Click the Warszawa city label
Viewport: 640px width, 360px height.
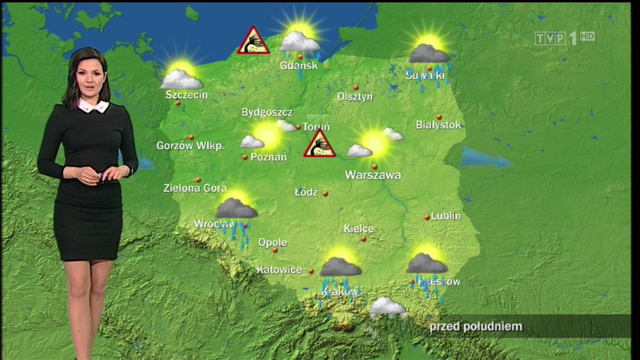tap(373, 175)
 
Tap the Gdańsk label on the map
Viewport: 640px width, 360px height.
tap(298, 65)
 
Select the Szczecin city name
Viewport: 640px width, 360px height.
tap(186, 94)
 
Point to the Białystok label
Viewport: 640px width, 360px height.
tap(438, 125)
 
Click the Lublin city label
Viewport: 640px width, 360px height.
tap(445, 216)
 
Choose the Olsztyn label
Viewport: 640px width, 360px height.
tap(355, 96)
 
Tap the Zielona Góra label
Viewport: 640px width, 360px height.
tap(195, 188)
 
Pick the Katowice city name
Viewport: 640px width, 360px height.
tap(279, 270)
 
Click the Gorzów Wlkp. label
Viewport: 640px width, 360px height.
tap(190, 146)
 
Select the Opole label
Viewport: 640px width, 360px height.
tap(272, 242)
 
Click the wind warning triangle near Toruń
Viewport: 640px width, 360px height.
tap(319, 144)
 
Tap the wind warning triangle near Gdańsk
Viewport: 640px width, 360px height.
tap(253, 41)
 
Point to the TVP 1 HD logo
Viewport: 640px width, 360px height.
tap(564, 38)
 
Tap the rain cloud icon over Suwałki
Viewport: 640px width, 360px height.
tap(429, 54)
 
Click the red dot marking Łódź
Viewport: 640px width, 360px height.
tap(325, 193)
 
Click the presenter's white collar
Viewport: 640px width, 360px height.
tap(93, 105)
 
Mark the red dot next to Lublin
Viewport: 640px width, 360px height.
tap(426, 217)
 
